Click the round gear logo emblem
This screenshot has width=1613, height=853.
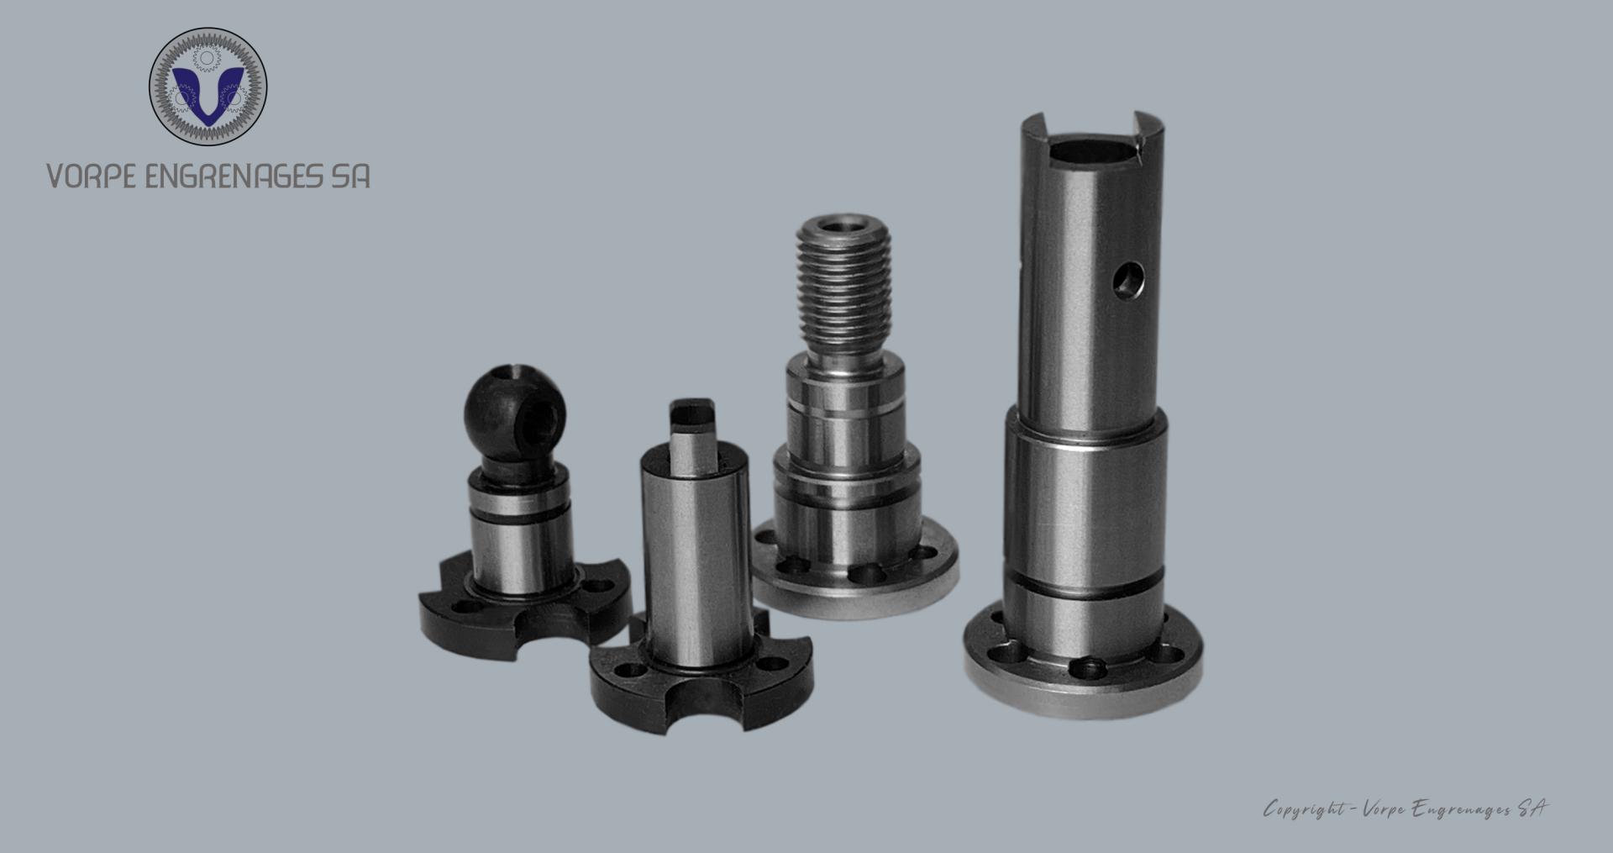tap(208, 87)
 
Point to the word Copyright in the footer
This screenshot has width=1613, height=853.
tap(1304, 809)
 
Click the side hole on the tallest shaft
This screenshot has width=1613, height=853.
tap(1128, 281)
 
